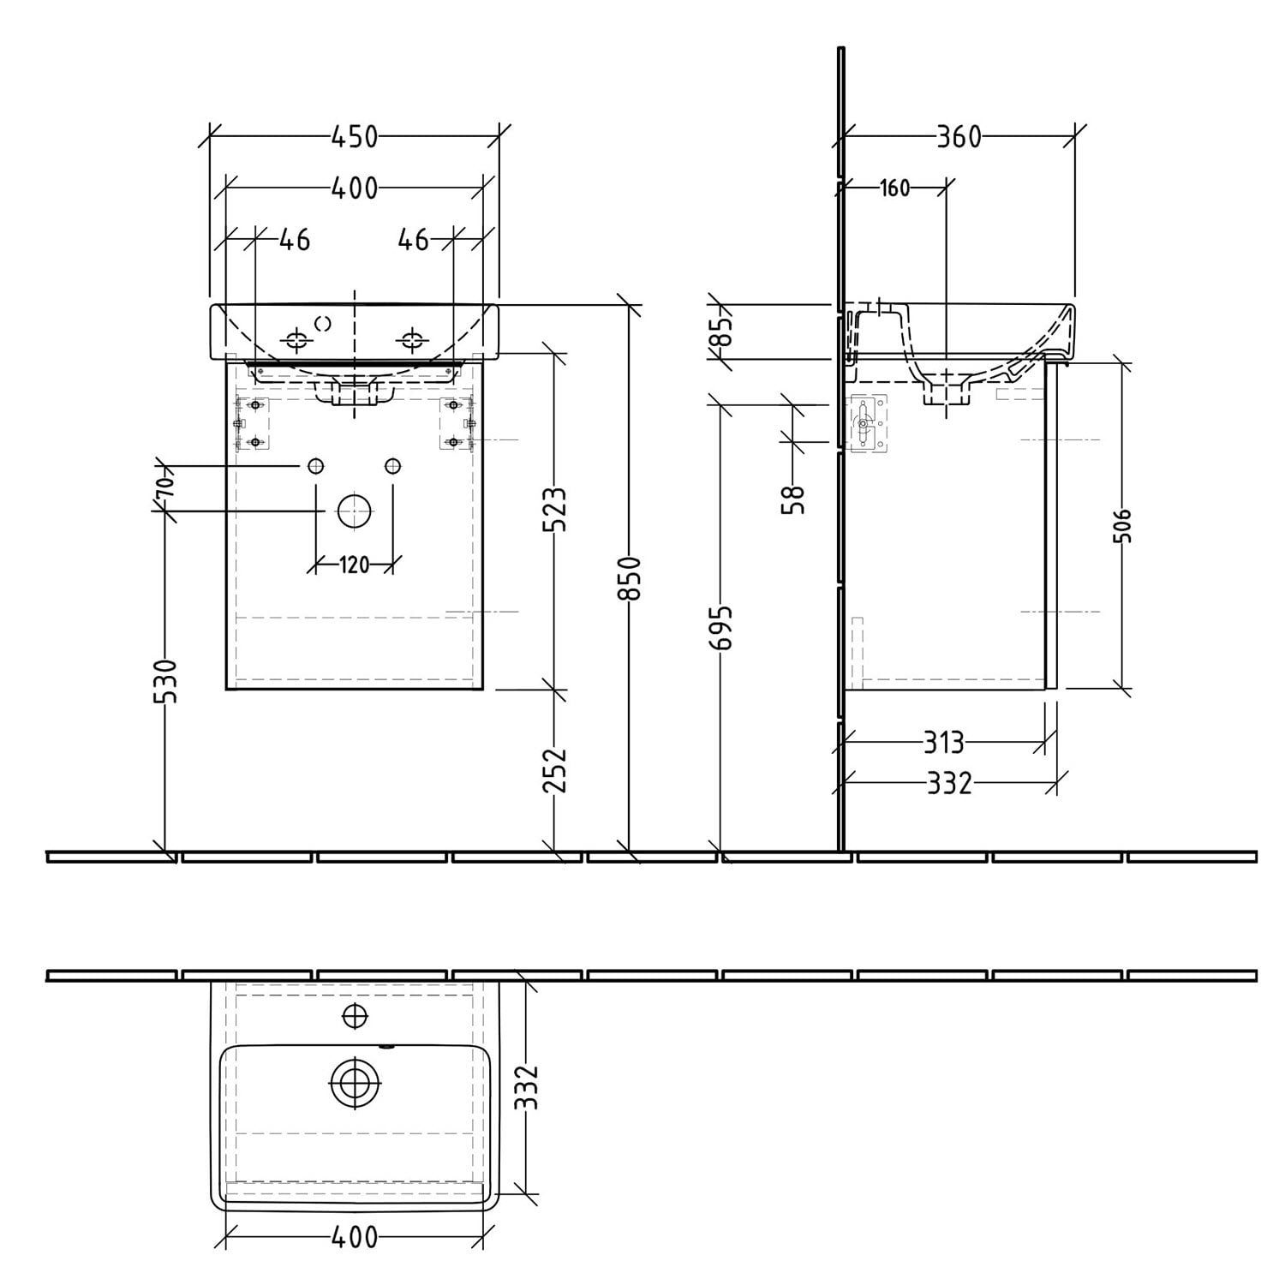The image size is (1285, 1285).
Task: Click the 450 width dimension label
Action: (x=354, y=136)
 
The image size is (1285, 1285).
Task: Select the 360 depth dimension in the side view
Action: (x=958, y=136)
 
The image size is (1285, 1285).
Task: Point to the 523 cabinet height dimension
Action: (x=555, y=509)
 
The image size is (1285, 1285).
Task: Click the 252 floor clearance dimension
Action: (x=555, y=768)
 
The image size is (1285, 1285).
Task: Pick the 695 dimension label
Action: (x=722, y=627)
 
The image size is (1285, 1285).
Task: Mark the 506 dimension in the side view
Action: (x=1124, y=525)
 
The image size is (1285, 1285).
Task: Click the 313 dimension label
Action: (x=943, y=742)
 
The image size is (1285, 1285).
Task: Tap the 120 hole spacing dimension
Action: (x=354, y=565)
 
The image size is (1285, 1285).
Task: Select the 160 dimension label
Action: (x=894, y=188)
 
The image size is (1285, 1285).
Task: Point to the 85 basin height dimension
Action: (x=722, y=331)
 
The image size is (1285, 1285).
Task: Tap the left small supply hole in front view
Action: (x=315, y=466)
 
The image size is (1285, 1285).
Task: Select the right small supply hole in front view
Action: (x=392, y=466)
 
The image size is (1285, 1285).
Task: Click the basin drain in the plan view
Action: (x=354, y=1083)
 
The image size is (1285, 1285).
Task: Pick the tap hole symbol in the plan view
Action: (x=354, y=1016)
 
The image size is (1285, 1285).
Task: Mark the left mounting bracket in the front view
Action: (x=253, y=423)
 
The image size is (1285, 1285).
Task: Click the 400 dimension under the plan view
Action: (x=354, y=1237)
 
